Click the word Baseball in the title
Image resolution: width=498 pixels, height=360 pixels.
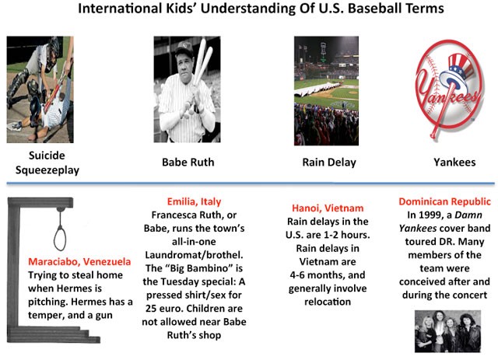pyautogui.click(x=374, y=9)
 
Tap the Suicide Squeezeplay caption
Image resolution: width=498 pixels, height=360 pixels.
pyautogui.click(x=47, y=163)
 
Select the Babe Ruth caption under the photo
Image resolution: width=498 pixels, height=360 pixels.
pyautogui.click(x=188, y=163)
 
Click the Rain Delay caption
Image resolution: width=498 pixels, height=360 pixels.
pyautogui.click(x=329, y=163)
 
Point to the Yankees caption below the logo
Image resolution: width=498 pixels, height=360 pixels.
pyautogui.click(x=454, y=163)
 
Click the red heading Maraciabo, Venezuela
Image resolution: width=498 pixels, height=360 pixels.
pyautogui.click(x=79, y=261)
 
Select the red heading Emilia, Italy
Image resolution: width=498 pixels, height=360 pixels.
pyautogui.click(x=194, y=201)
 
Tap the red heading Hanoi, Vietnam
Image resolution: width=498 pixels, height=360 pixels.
pyautogui.click(x=328, y=208)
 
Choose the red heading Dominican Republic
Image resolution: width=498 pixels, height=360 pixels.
pyautogui.click(x=444, y=201)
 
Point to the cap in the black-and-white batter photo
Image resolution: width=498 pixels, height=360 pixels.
pyautogui.click(x=184, y=48)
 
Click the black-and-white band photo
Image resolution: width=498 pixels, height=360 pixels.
pyautogui.click(x=448, y=331)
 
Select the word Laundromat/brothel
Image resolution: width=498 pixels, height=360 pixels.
pyautogui.click(x=194, y=255)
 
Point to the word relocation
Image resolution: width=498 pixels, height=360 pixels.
pyautogui.click(x=328, y=302)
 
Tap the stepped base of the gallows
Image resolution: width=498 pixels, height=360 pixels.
pyautogui.click(x=54, y=335)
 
